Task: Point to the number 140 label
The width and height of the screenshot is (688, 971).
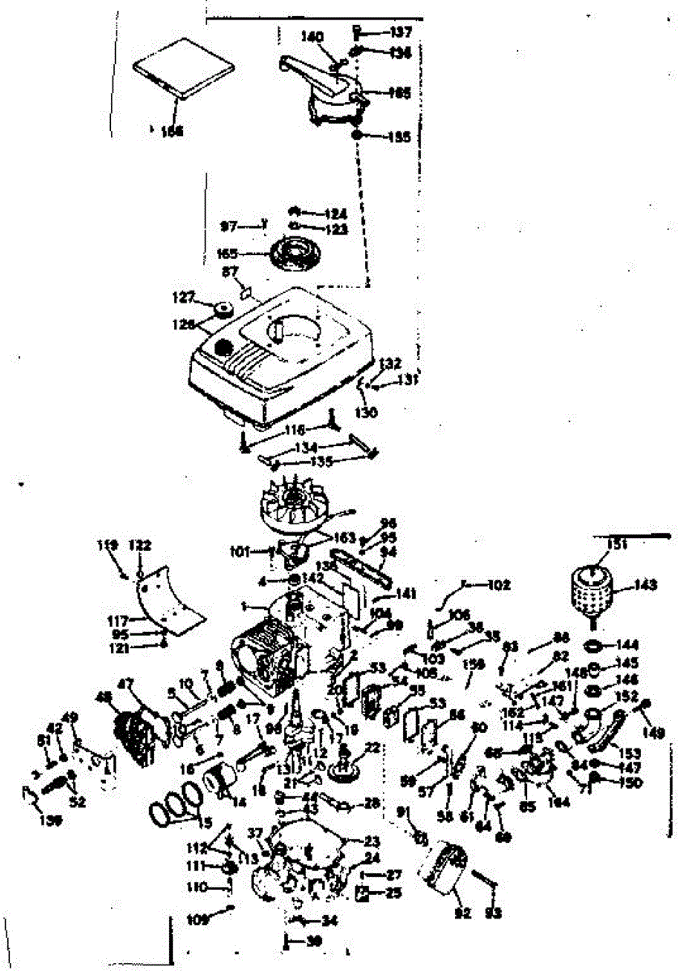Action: click(311, 36)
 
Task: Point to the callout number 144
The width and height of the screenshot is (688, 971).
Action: click(628, 645)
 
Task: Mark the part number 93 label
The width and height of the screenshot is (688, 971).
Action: click(493, 913)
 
